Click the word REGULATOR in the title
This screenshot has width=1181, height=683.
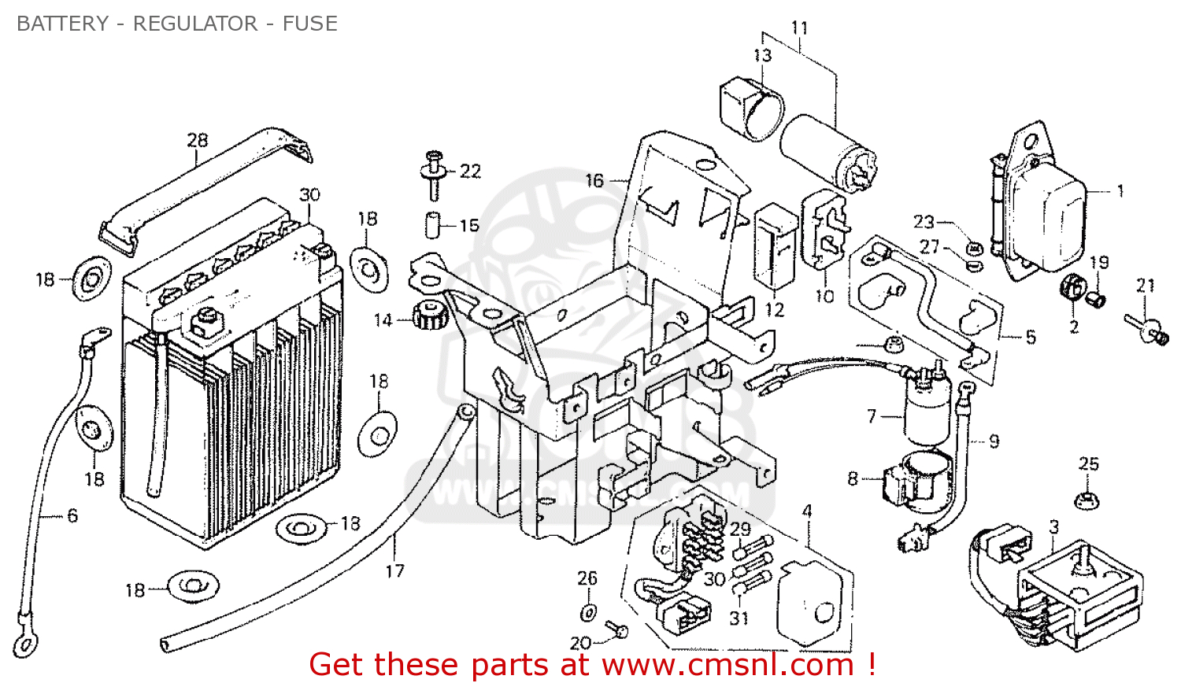pyautogui.click(x=194, y=24)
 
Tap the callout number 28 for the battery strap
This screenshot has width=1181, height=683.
pyautogui.click(x=197, y=140)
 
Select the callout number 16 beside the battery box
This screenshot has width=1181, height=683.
pyautogui.click(x=594, y=181)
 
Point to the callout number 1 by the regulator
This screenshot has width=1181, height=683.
pyautogui.click(x=1120, y=190)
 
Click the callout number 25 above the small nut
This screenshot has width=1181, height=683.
pyautogui.click(x=1088, y=463)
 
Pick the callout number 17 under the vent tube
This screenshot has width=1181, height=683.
pyautogui.click(x=394, y=570)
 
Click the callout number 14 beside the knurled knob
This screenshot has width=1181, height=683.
pyautogui.click(x=383, y=320)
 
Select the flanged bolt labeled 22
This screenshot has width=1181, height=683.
pyautogui.click(x=433, y=174)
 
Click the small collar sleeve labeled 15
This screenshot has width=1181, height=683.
pyautogui.click(x=432, y=224)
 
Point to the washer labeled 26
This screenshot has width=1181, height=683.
pyautogui.click(x=588, y=612)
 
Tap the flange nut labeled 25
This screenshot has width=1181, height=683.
pyautogui.click(x=1087, y=499)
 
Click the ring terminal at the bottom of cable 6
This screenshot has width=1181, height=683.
pyautogui.click(x=24, y=644)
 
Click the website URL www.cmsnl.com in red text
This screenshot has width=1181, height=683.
pyautogui.click(x=727, y=666)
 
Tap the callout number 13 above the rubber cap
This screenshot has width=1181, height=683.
pyautogui.click(x=762, y=55)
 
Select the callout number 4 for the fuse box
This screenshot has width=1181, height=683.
pyautogui.click(x=806, y=511)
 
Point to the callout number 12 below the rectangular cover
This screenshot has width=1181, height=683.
pyautogui.click(x=775, y=309)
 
